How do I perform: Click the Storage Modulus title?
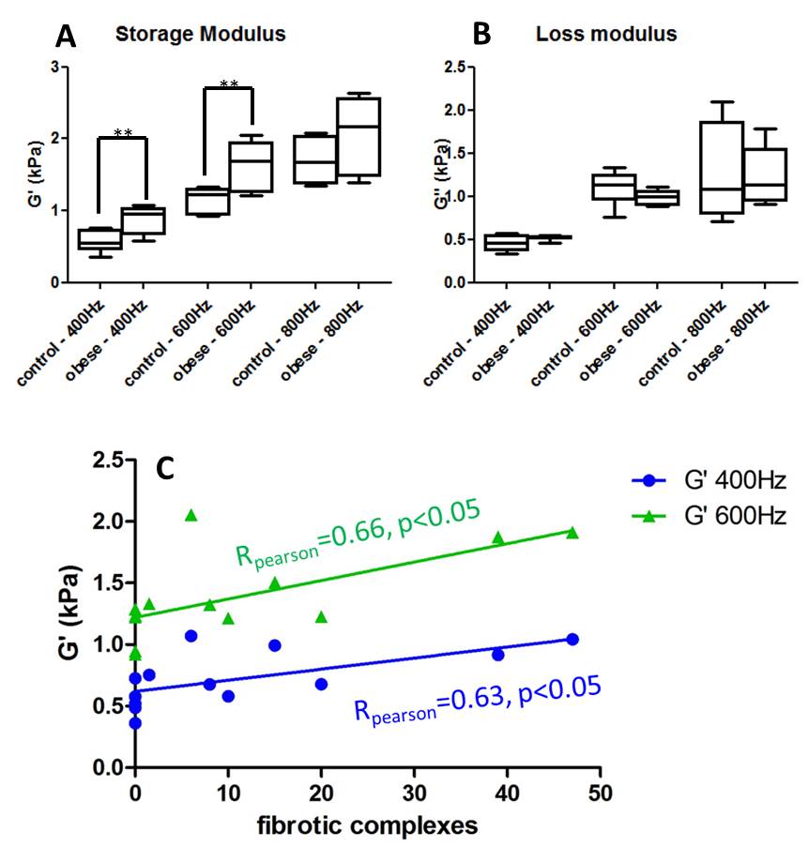pos(200,35)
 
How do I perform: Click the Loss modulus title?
pos(605,35)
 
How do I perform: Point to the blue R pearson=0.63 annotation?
pos(477,700)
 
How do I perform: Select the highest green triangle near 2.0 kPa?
pos(191,515)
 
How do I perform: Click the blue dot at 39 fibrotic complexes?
pos(498,655)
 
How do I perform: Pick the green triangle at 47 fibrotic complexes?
pos(572,533)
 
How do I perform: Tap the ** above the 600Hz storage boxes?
pos(228,85)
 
